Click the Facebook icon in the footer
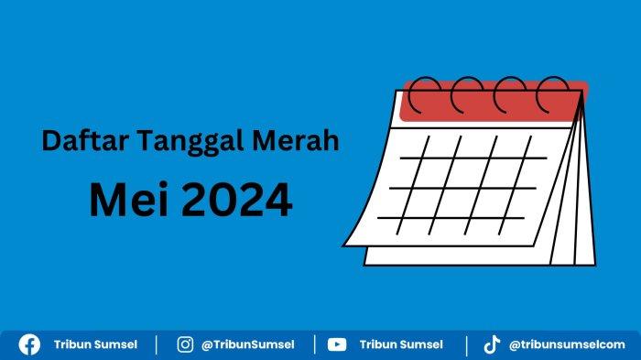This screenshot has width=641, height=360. click(x=30, y=344)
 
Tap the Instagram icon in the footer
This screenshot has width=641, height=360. click(x=185, y=344)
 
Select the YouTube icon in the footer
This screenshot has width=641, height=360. click(x=337, y=344)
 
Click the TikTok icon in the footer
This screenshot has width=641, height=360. click(x=492, y=344)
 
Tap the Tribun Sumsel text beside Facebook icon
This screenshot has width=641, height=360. click(x=95, y=344)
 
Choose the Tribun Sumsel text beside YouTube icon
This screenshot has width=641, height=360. click(x=401, y=344)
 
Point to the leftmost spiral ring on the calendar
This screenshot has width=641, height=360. click(x=423, y=93)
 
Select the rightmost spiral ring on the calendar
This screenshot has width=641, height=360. click(x=552, y=93)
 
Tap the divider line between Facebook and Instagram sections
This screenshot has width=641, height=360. click(x=157, y=344)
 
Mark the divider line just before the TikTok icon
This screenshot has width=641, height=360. click(x=466, y=344)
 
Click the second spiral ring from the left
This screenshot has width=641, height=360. click(x=466, y=93)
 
